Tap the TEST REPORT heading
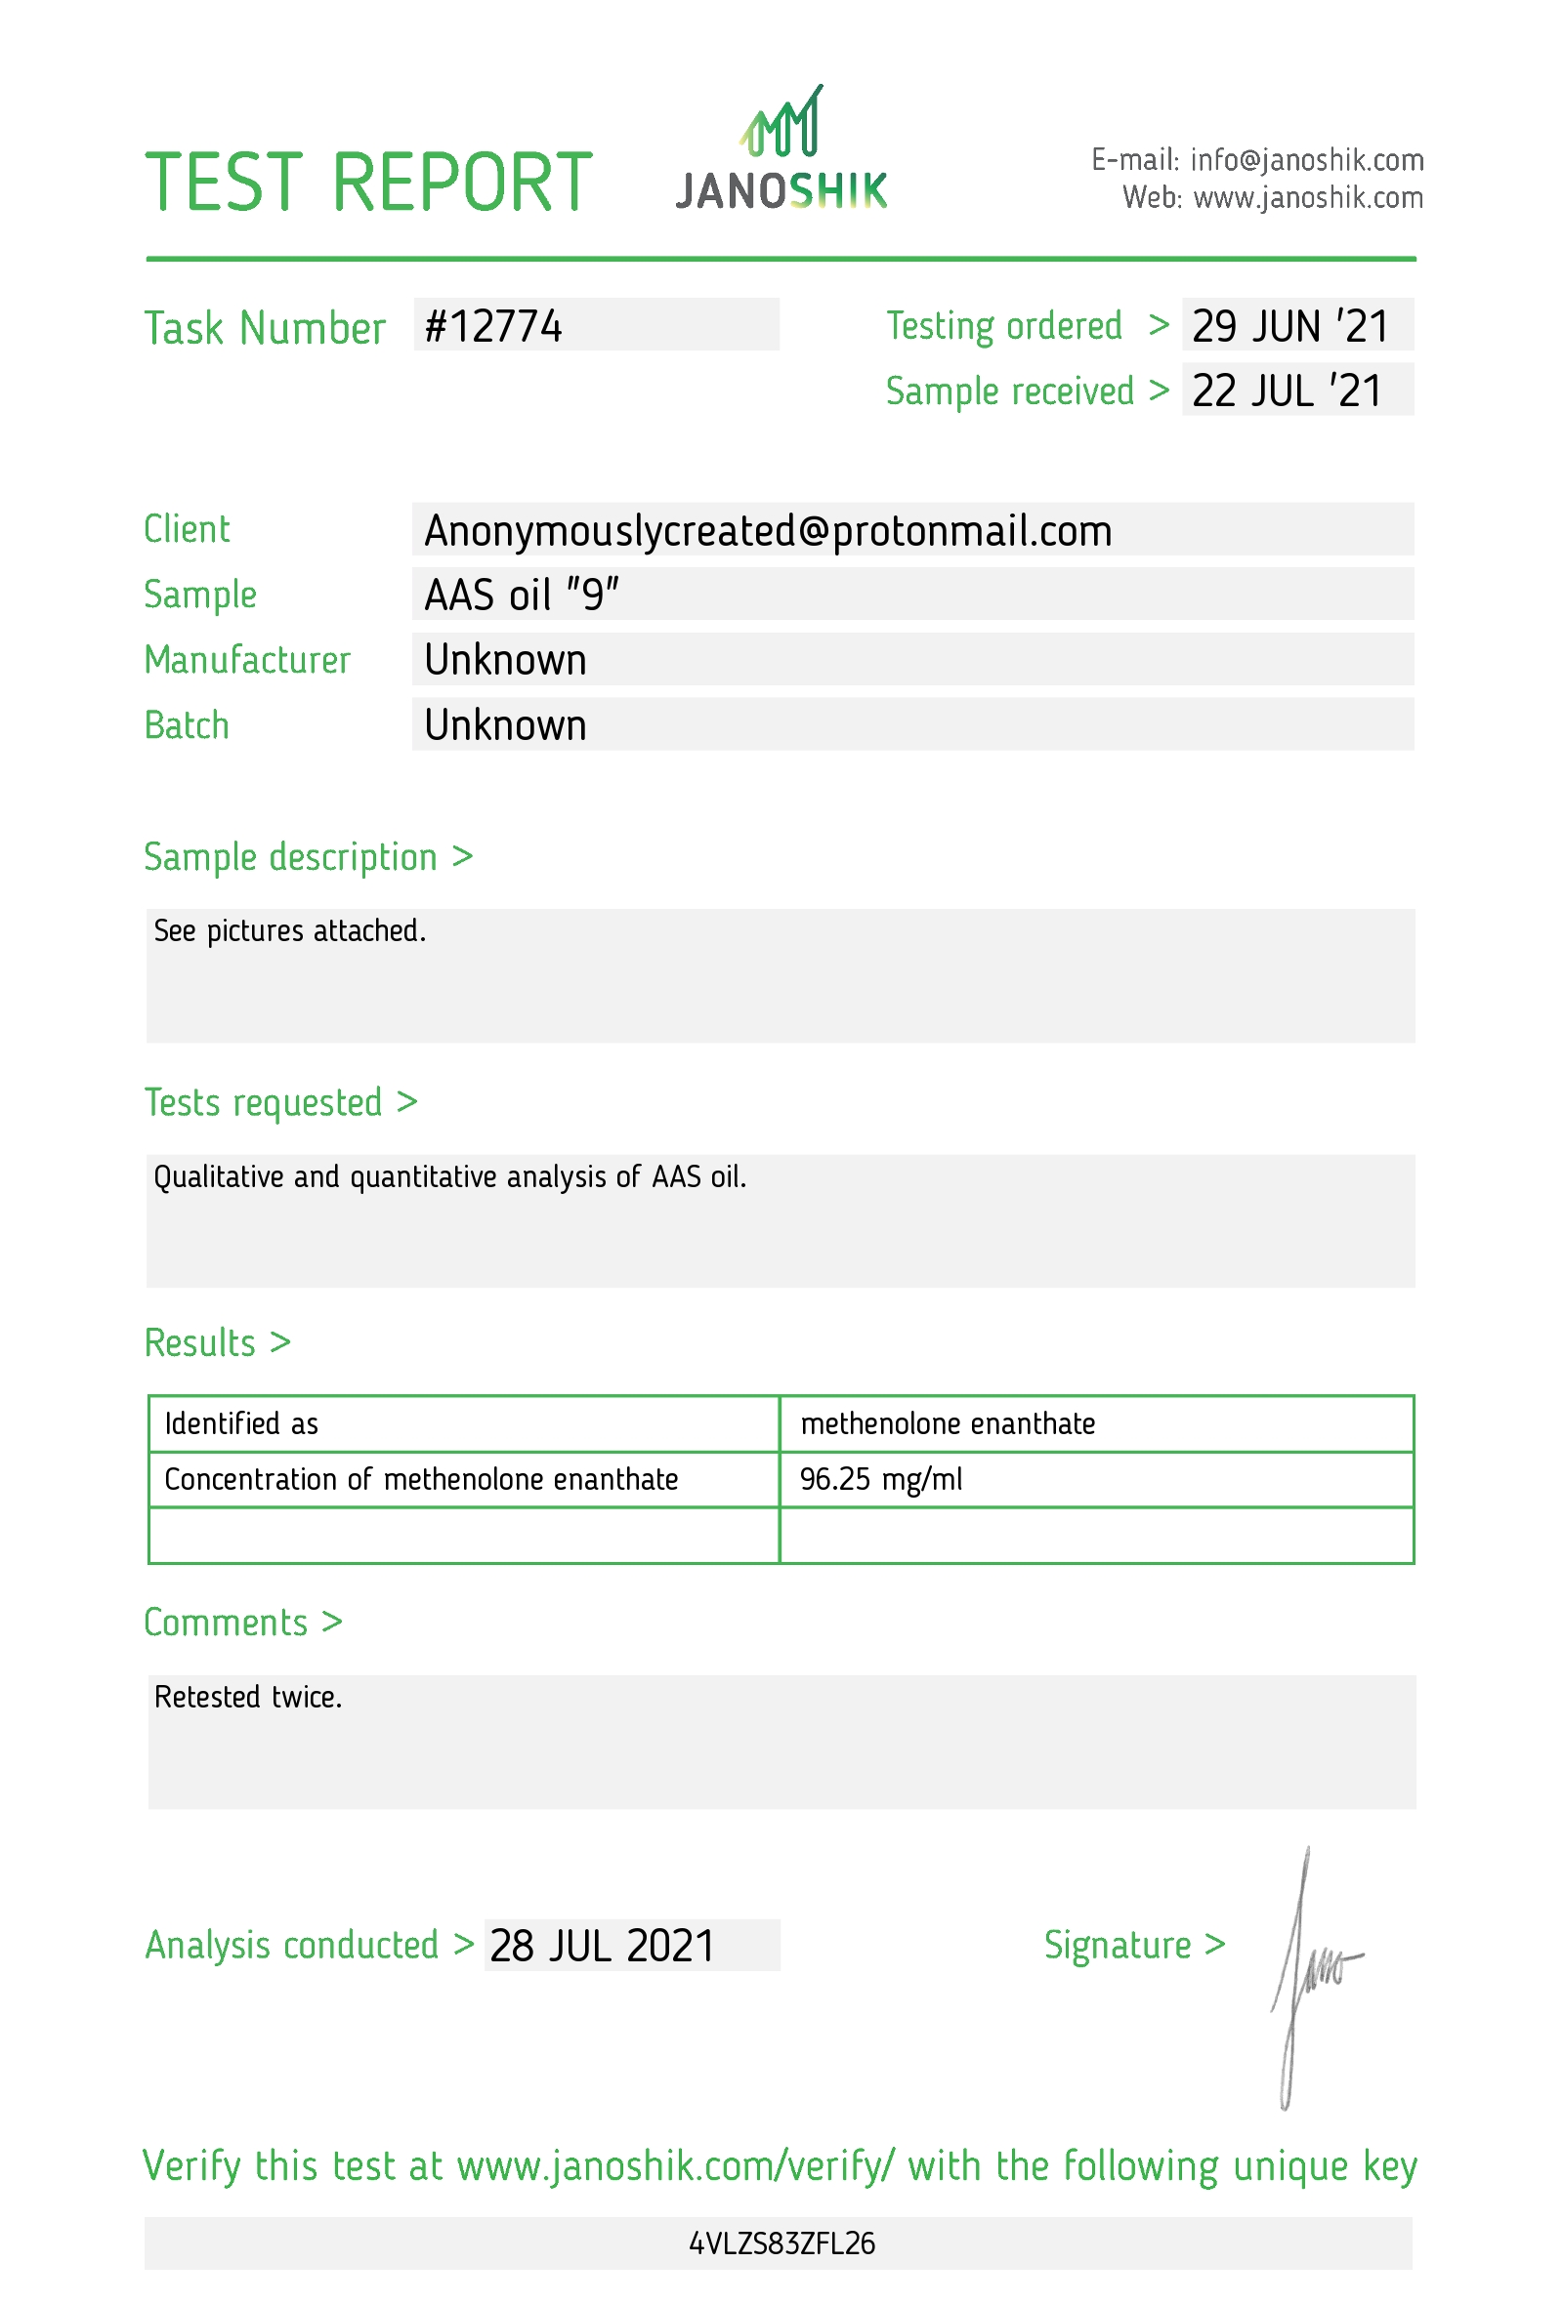368,183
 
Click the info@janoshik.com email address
1306,159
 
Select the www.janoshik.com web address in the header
1307,198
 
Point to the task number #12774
493,326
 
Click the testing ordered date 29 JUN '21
1289,326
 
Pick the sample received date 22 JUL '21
1287,391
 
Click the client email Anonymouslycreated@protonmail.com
768,530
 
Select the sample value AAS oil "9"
522,595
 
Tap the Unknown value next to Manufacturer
505,660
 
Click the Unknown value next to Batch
505,725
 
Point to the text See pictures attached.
289,931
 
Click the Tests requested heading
280,1102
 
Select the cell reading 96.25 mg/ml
881,1479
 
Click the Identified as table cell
241,1423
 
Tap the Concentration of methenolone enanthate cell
420,1479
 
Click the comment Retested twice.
248,1697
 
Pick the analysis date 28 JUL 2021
602,1945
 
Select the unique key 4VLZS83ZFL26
781,2242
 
